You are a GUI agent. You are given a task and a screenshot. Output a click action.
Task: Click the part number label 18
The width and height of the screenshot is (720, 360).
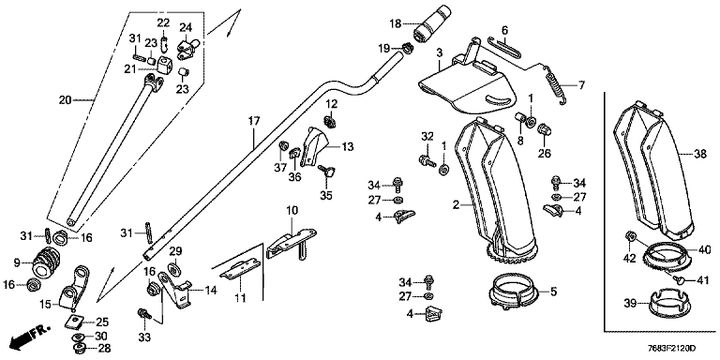[x=397, y=23]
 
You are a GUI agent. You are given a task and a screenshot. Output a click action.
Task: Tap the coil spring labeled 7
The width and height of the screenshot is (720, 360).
[x=556, y=85]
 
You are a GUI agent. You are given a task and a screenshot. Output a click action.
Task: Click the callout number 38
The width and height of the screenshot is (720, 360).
[x=700, y=156]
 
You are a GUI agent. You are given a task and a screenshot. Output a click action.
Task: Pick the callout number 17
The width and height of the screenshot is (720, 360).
[x=254, y=122]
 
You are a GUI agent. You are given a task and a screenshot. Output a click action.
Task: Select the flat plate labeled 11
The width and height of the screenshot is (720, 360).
[x=240, y=270]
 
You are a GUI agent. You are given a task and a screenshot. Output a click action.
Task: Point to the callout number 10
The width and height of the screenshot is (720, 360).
[x=292, y=211]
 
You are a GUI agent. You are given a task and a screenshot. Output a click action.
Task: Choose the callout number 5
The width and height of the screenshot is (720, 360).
[x=553, y=292]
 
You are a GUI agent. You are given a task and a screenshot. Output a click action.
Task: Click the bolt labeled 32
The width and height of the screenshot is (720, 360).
[x=427, y=160]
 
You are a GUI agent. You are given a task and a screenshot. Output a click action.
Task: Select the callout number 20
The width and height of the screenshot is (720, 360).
[x=66, y=100]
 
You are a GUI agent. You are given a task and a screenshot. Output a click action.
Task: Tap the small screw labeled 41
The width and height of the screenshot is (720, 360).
[x=680, y=278]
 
